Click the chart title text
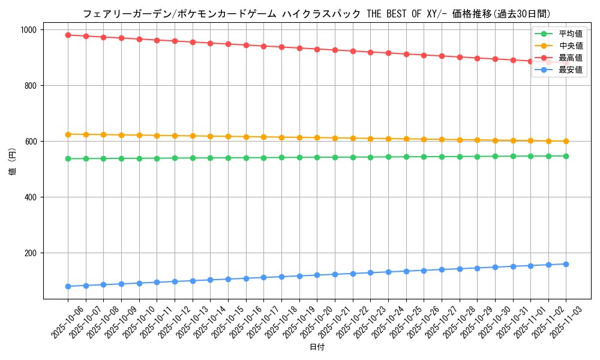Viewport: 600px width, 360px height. [x=316, y=14]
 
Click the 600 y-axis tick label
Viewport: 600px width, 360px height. [x=31, y=142]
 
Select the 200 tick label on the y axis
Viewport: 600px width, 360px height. [x=31, y=253]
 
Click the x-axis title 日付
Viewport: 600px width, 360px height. [x=317, y=347]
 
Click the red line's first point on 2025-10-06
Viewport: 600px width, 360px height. [x=68, y=35]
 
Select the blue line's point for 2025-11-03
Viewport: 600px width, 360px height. [x=566, y=264]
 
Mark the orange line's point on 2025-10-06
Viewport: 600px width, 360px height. [x=68, y=134]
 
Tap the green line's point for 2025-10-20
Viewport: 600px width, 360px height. [x=317, y=157]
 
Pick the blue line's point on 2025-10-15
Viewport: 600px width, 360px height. [x=228, y=279]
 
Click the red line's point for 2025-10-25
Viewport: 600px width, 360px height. [x=406, y=54]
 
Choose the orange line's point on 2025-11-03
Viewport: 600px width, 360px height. [x=566, y=142]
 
